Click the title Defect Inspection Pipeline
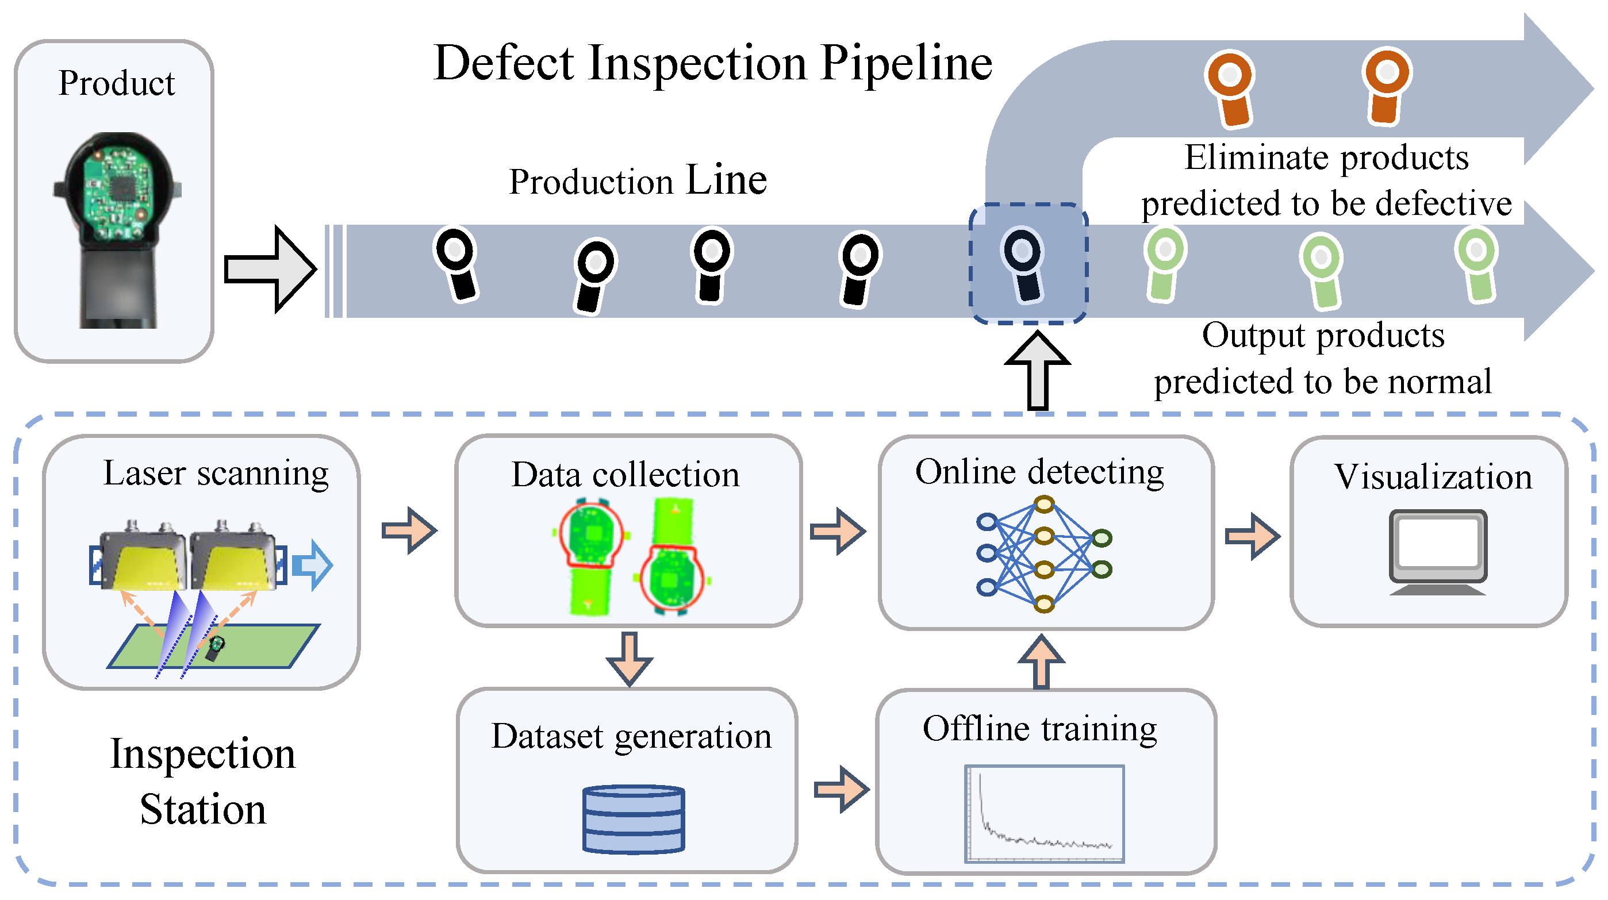(x=712, y=64)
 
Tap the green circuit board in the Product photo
(x=117, y=194)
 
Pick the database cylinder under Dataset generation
(x=633, y=819)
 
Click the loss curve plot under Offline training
(x=1043, y=813)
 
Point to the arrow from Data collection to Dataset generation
(x=629, y=659)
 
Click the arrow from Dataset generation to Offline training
(x=842, y=790)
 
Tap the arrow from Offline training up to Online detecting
(x=1041, y=661)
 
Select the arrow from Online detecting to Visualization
(x=1252, y=536)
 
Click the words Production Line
(x=638, y=181)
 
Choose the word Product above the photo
(x=117, y=83)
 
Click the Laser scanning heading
(x=216, y=473)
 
